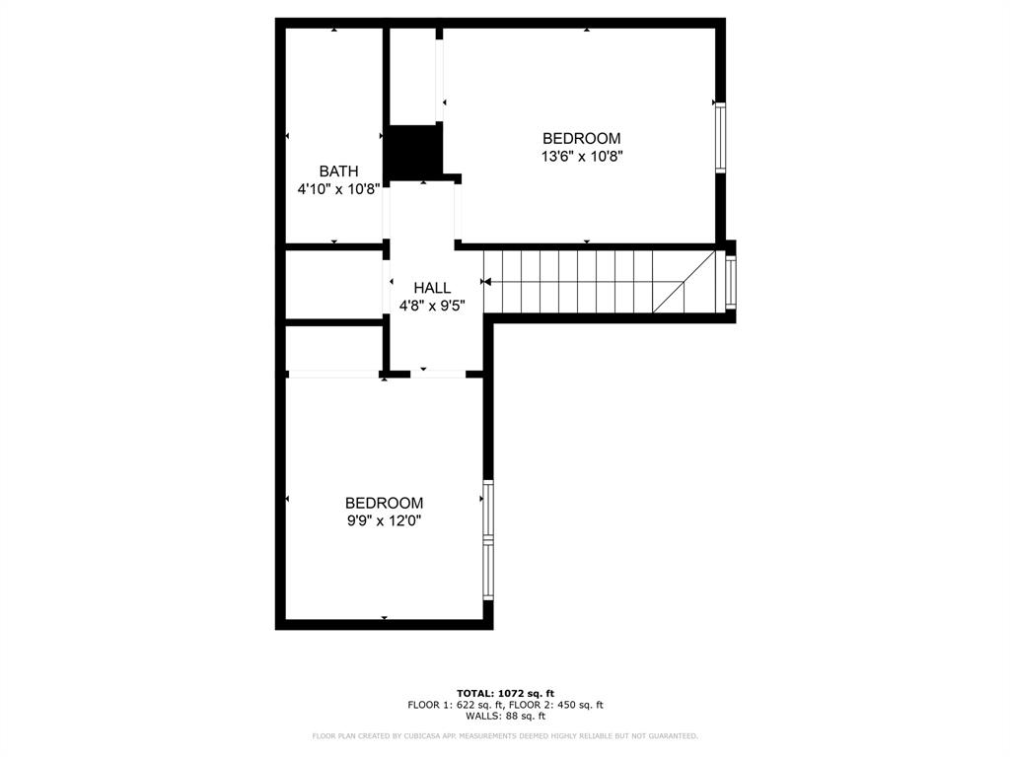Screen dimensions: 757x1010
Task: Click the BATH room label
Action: click(x=338, y=172)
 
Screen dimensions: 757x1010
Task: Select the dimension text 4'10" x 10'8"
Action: click(x=338, y=189)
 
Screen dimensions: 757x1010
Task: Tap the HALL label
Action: click(x=432, y=288)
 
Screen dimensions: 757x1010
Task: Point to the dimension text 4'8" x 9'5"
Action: click(x=432, y=306)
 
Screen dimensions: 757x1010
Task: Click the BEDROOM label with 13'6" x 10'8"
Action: click(x=581, y=138)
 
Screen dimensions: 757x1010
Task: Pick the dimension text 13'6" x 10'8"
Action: click(x=581, y=156)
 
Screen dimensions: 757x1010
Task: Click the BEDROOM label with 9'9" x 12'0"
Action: click(x=384, y=503)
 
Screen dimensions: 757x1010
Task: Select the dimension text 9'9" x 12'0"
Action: click(x=384, y=520)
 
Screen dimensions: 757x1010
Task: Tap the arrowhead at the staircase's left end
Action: click(x=487, y=281)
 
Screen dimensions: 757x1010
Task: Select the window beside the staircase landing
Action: click(x=731, y=282)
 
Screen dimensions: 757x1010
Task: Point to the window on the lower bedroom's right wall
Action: click(x=487, y=540)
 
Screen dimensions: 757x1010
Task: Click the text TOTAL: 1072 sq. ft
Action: click(x=505, y=693)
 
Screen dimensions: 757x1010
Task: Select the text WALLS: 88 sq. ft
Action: click(x=505, y=717)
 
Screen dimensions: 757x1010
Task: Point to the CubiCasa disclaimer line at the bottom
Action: click(x=505, y=736)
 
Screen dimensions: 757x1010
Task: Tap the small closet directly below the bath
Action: click(x=333, y=284)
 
